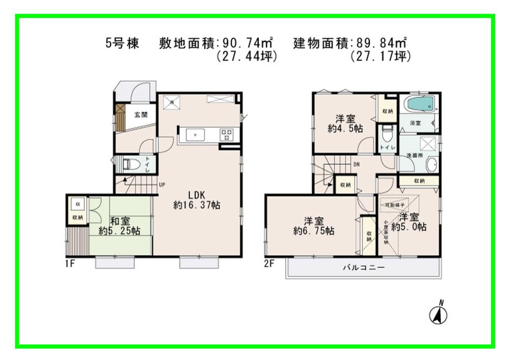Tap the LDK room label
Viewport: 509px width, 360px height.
pos(197,195)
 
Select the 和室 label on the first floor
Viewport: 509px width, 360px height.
pos(120,221)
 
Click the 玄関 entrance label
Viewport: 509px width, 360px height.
pos(141,115)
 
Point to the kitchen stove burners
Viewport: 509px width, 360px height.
pos(227,134)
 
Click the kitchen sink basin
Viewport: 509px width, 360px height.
pos(195,134)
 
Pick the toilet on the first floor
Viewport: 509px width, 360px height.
pos(132,164)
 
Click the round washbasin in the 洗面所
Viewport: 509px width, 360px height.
pos(431,164)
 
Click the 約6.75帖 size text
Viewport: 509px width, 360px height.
pos(314,231)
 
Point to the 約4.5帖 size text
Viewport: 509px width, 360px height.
pos(345,129)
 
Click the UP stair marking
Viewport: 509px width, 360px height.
pos(162,184)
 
